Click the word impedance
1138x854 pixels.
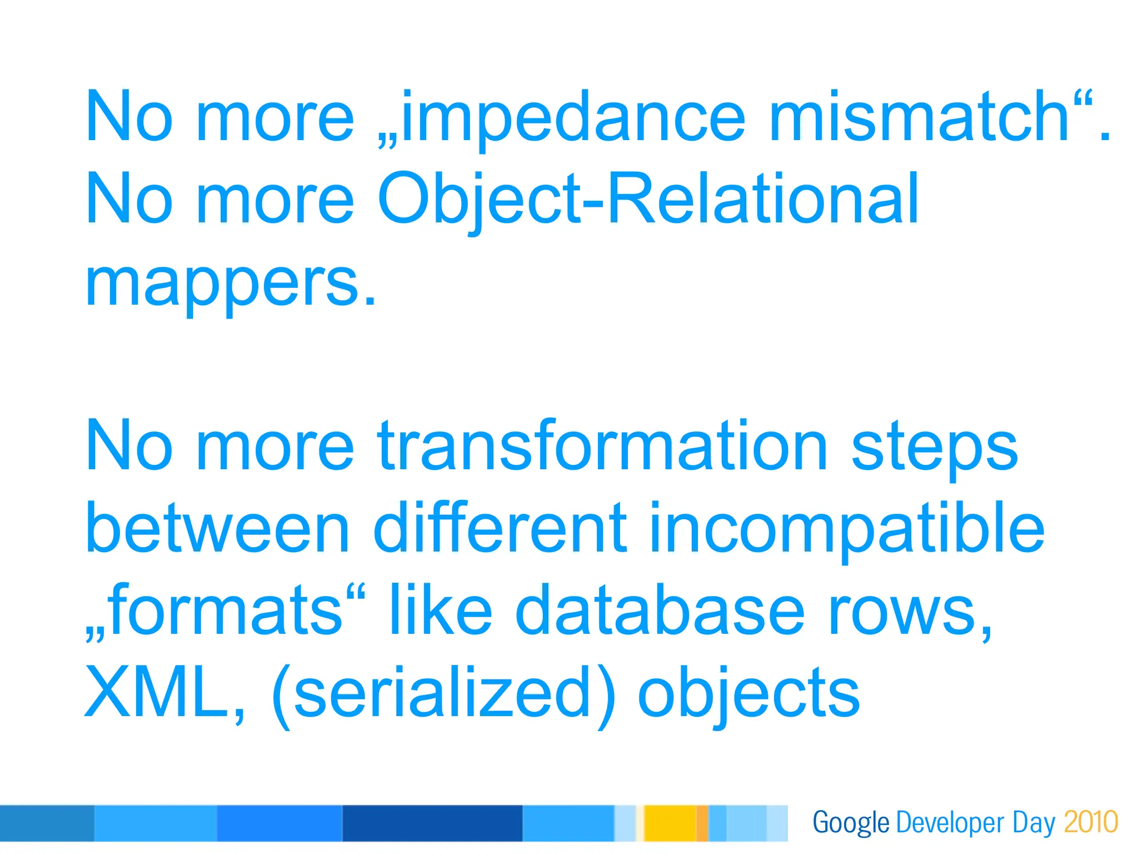(572, 118)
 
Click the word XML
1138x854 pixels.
(158, 692)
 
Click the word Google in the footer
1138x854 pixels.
(851, 823)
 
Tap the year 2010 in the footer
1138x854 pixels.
(1091, 822)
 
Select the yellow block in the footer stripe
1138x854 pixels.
(669, 823)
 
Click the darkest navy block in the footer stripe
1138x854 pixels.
(432, 823)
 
